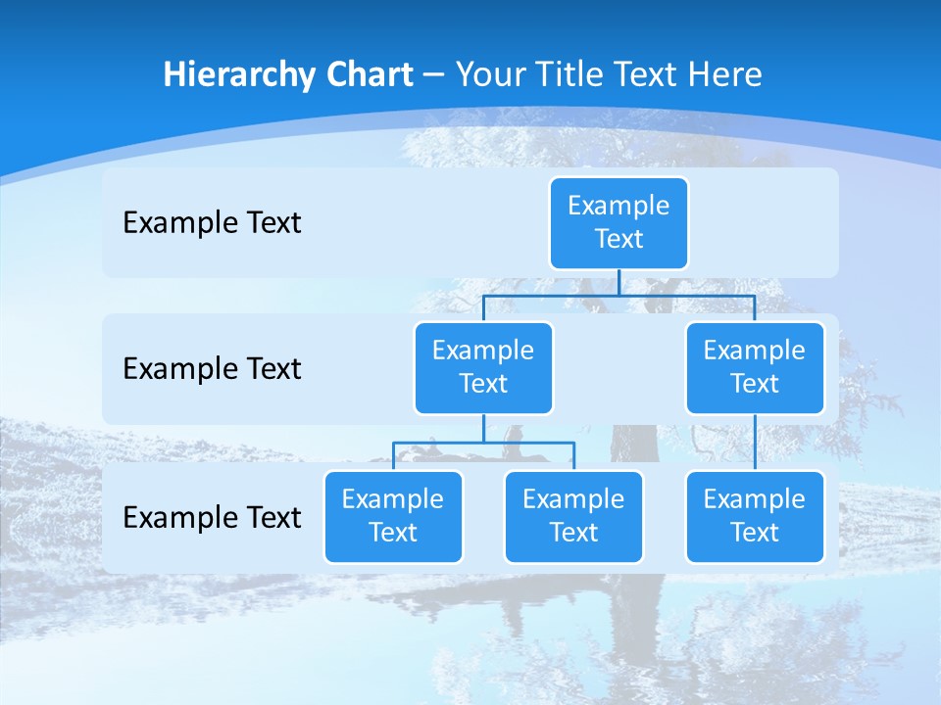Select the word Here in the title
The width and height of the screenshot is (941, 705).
(x=724, y=75)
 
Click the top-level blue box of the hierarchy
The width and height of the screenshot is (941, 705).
(x=619, y=223)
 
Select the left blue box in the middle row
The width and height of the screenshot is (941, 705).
(x=483, y=368)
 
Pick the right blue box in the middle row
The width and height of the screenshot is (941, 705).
(x=755, y=368)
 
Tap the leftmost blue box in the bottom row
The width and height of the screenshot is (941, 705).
(x=393, y=517)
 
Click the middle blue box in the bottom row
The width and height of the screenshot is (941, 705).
(x=573, y=517)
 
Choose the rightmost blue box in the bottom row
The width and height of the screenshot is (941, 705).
(x=755, y=517)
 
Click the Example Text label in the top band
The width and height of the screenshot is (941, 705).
(x=212, y=223)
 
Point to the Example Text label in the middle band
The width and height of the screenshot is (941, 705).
(x=212, y=369)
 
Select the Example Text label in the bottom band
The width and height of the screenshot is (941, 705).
(x=212, y=517)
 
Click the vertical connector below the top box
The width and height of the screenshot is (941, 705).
(x=619, y=282)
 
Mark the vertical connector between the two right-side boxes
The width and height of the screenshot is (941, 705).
(x=755, y=443)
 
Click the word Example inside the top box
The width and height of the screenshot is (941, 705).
(x=619, y=206)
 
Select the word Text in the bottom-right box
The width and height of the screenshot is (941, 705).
(x=755, y=533)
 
